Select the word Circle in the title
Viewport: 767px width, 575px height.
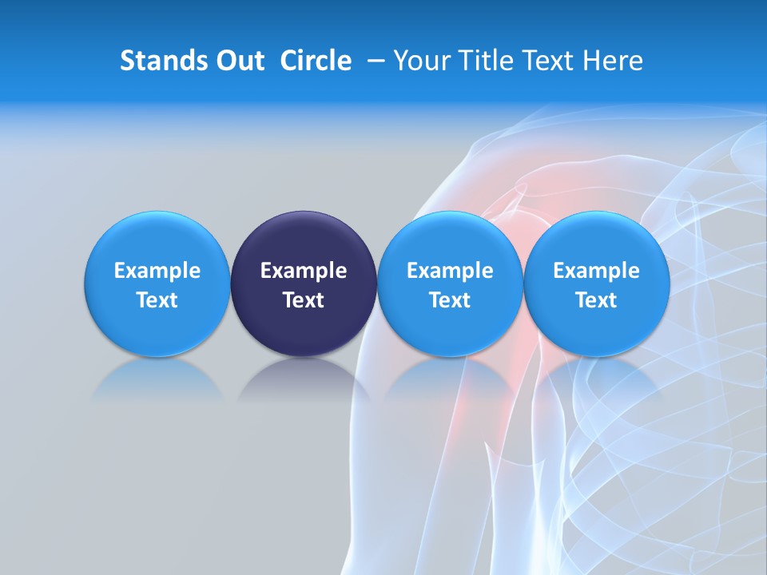point(316,61)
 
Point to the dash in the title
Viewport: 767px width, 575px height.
point(372,61)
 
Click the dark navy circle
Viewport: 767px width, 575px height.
point(304,284)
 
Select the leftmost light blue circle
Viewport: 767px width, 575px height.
point(157,284)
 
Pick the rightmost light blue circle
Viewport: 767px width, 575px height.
point(597,284)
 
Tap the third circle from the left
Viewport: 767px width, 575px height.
point(450,284)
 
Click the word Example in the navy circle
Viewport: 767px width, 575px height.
point(304,271)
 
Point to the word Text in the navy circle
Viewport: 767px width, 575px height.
point(304,300)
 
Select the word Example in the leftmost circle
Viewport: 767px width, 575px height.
point(157,271)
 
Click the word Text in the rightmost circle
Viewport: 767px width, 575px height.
point(597,300)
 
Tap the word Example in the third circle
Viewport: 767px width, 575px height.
point(450,271)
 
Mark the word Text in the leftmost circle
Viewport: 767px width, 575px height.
point(157,300)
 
